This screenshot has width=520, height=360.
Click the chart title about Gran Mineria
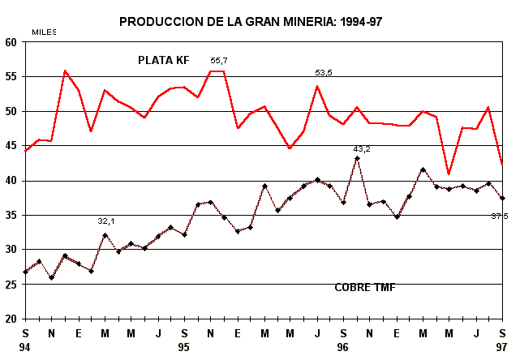click(251, 22)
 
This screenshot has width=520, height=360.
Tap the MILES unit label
click(44, 32)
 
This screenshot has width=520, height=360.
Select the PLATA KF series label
click(163, 60)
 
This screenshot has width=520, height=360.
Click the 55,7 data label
click(219, 61)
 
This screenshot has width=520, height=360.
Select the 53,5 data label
click(324, 73)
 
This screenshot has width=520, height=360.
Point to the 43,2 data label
click(362, 149)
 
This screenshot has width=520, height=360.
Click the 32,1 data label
click(106, 221)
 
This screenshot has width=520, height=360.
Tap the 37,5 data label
click(499, 216)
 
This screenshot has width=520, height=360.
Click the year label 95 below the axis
click(184, 347)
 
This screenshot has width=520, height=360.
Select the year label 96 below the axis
click(342, 347)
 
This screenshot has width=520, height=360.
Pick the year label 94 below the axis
click(26, 347)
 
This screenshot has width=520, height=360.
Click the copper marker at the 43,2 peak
click(357, 158)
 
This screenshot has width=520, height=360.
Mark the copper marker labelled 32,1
click(105, 235)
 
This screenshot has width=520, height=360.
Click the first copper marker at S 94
click(26, 272)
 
